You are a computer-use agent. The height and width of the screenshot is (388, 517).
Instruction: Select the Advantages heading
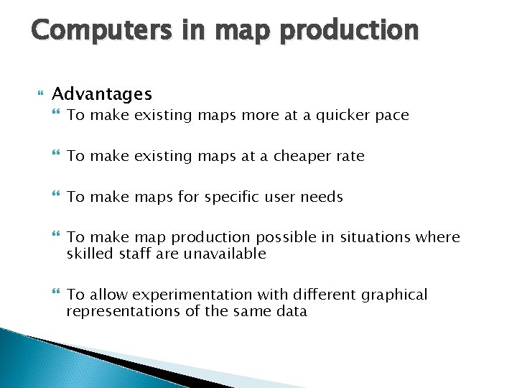102,94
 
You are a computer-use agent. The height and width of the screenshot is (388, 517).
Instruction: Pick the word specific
233,197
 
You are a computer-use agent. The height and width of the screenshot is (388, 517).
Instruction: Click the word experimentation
182,295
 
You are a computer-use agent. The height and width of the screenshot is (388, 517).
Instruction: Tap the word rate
350,156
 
